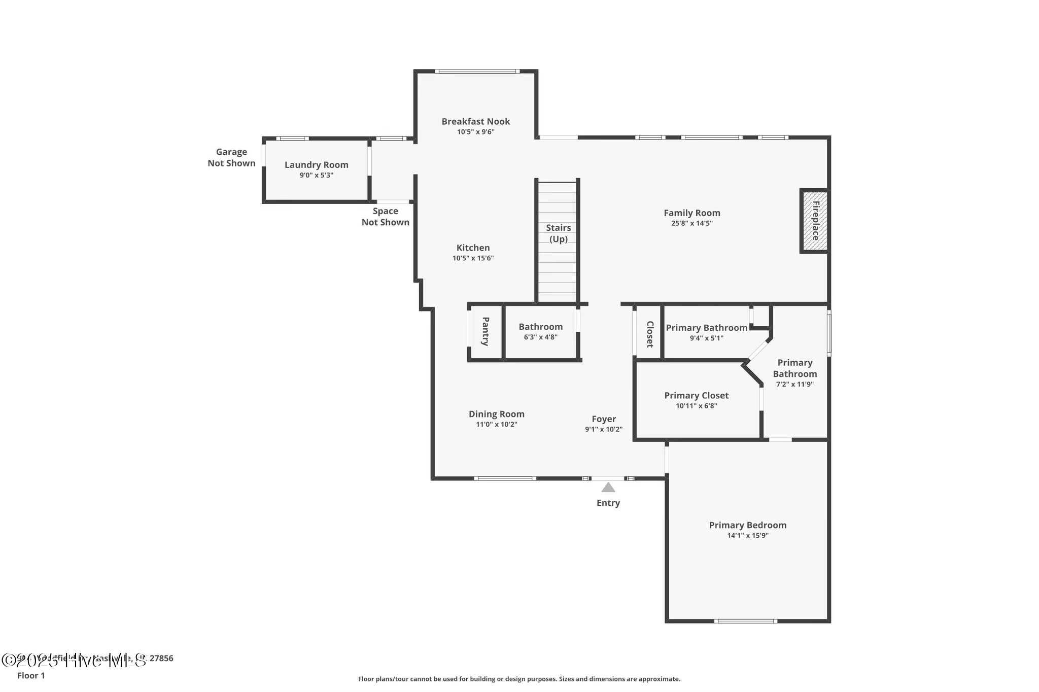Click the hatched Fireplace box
tap(815, 221)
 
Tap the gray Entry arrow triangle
tap(608, 488)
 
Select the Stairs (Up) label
tap(558, 233)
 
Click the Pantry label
tap(486, 331)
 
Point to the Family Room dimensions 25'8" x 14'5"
tap(691, 223)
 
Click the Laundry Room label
tap(316, 165)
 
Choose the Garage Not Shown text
tap(231, 157)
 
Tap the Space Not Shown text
tap(385, 217)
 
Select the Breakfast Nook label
tap(475, 121)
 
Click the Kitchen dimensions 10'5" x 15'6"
tap(473, 258)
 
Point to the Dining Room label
tap(496, 414)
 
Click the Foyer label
tap(603, 419)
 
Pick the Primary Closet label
tap(696, 395)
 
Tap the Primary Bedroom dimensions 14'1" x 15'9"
tap(747, 535)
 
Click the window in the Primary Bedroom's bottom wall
tap(745, 620)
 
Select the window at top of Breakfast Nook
tap(476, 71)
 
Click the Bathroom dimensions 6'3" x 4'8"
tap(540, 337)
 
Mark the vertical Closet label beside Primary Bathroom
tap(649, 334)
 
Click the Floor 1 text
tap(31, 675)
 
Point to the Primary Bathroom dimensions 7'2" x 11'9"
tap(794, 385)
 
